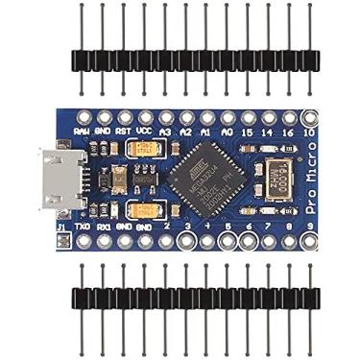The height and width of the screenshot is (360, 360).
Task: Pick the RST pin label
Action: coord(123,131)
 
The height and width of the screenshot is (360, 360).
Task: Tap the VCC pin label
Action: coord(144,131)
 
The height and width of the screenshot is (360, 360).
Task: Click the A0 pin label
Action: coord(228,131)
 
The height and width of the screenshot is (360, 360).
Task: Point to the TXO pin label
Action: coord(83,228)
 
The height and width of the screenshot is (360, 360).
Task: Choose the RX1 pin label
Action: coord(104,228)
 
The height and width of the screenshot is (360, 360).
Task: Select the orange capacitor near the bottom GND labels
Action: coord(144,210)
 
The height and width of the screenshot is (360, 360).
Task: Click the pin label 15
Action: coord(248,131)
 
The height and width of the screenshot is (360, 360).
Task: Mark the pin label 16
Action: coord(289,131)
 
